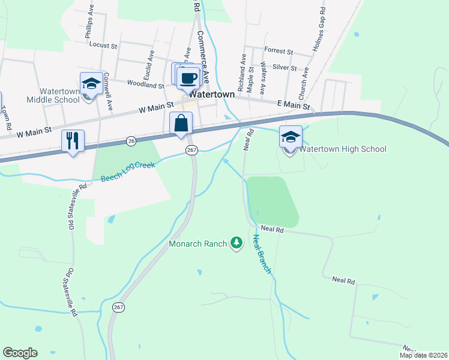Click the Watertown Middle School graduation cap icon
(91, 83)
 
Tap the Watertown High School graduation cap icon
(291, 137)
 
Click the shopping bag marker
(181, 124)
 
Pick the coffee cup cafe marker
(188, 77)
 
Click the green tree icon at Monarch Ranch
(237, 243)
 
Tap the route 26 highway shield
(131, 140)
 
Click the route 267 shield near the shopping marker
(191, 150)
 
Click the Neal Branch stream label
(262, 253)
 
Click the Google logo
(20, 353)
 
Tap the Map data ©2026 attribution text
(423, 355)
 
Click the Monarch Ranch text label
(197, 244)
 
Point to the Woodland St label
(145, 85)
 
